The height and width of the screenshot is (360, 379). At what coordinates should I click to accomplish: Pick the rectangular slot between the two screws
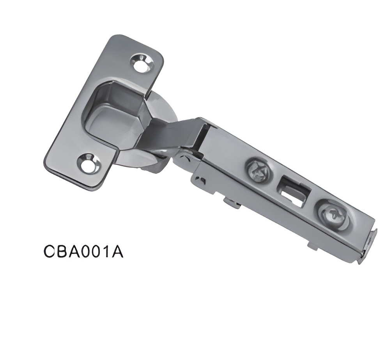[x=294, y=191]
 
